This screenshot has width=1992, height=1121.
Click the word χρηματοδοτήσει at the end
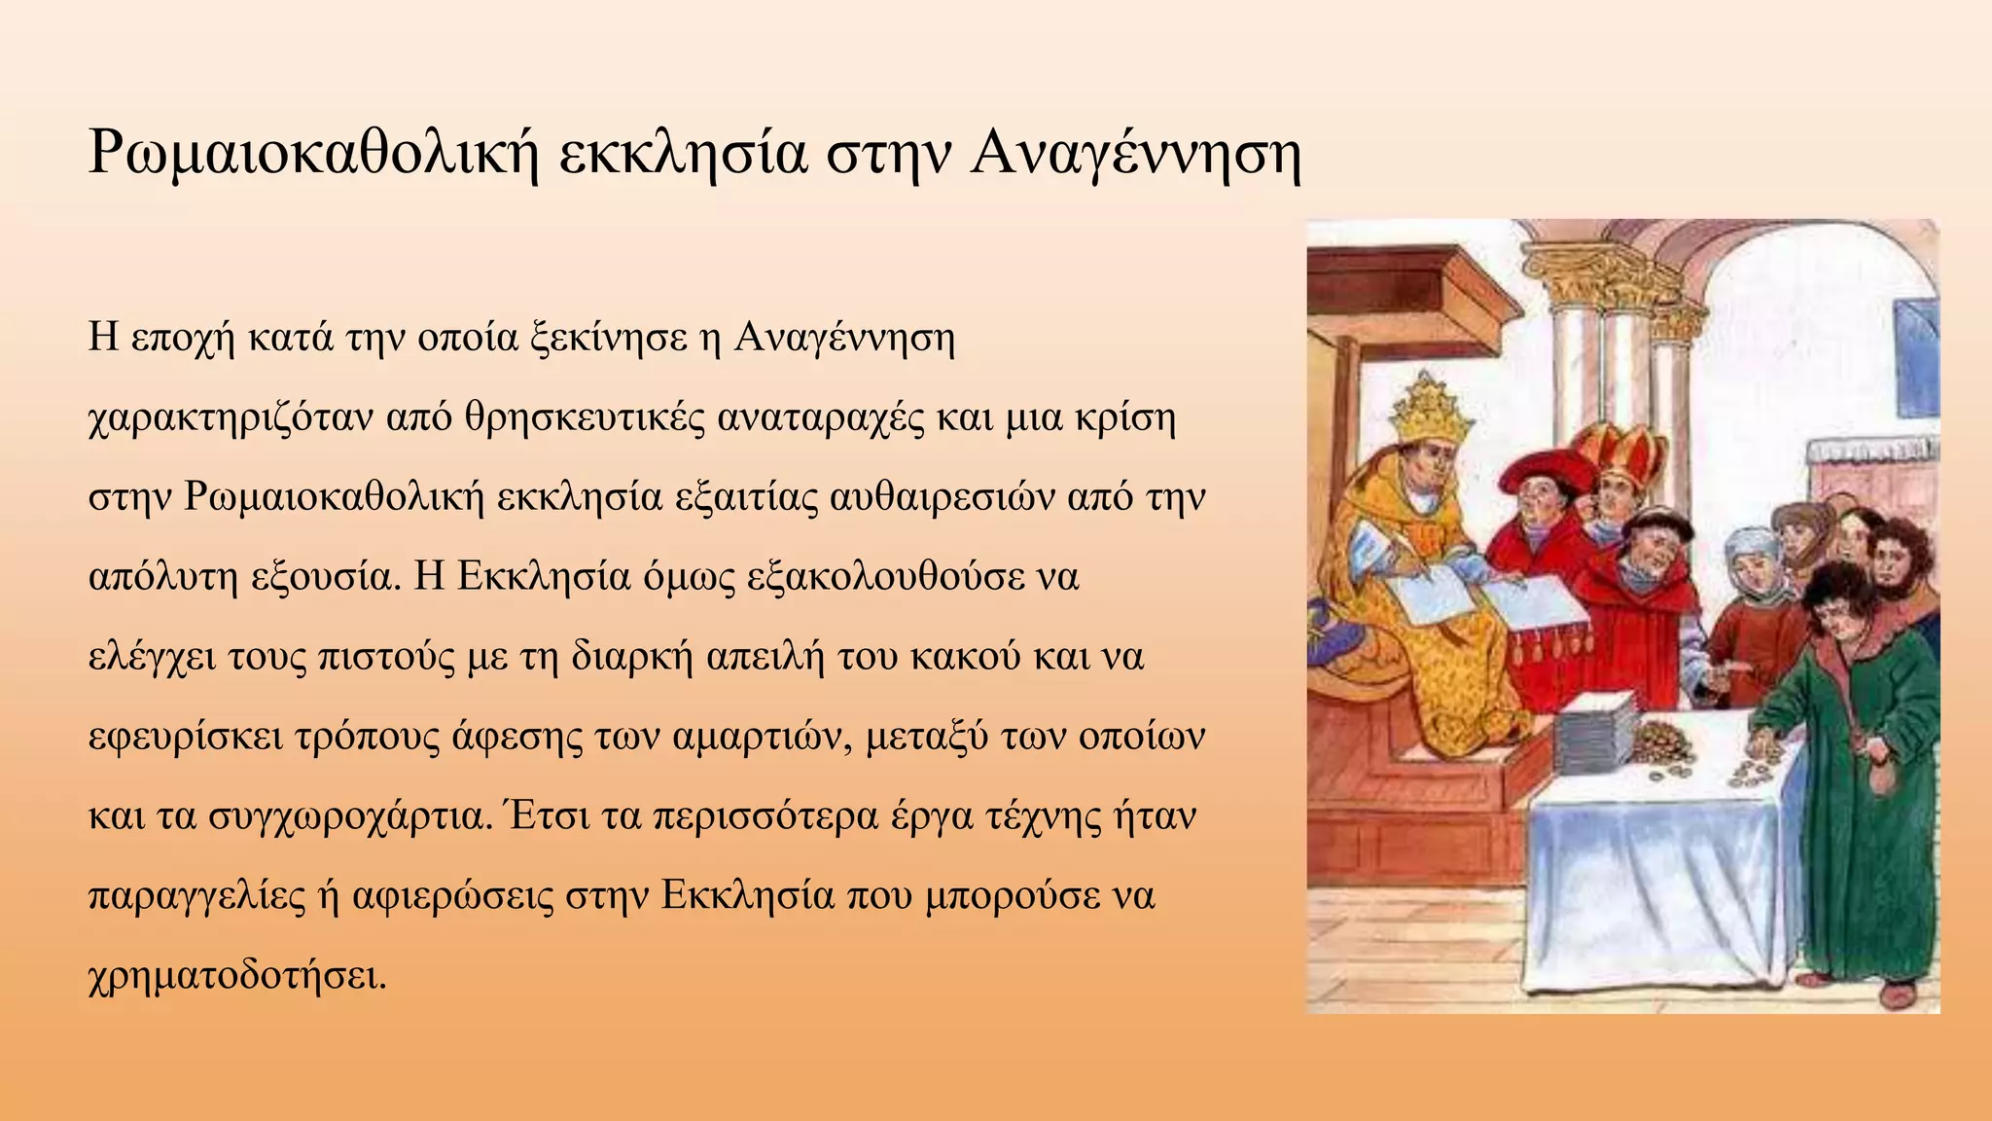[237, 975]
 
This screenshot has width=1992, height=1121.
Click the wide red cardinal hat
[1548, 469]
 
